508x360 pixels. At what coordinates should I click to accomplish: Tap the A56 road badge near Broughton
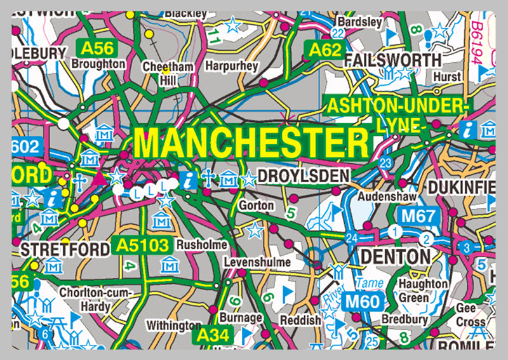(91, 48)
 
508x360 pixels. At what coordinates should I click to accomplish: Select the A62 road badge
(320, 49)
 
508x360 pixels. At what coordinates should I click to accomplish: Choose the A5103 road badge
(144, 245)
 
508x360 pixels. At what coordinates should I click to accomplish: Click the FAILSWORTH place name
(392, 60)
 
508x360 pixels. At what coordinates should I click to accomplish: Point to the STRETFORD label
(65, 249)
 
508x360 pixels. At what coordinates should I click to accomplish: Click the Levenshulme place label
(257, 262)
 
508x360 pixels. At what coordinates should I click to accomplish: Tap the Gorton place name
(256, 206)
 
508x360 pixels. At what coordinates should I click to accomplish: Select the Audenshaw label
(381, 197)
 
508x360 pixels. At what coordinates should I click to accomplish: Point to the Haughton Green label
(427, 290)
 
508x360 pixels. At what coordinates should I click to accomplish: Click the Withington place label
(174, 325)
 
